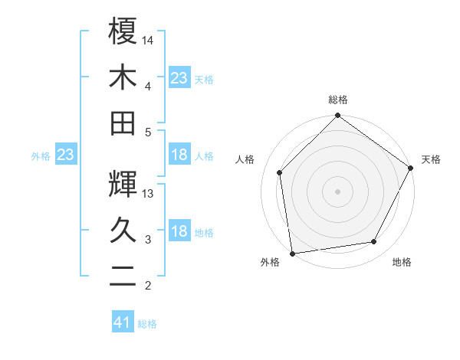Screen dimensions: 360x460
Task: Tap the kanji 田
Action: tap(123, 122)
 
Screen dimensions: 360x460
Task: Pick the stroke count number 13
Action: tap(149, 194)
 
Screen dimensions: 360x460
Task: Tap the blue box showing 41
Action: tap(123, 322)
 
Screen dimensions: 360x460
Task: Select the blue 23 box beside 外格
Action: tap(65, 155)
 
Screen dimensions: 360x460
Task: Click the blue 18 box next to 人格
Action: tap(179, 155)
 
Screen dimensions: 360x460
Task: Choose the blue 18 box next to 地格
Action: tap(179, 232)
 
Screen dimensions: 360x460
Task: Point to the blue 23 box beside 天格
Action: tap(179, 77)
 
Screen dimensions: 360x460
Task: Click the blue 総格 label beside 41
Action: tap(147, 324)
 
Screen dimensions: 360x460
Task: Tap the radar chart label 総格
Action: tap(337, 100)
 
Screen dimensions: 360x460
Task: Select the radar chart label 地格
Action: tap(402, 262)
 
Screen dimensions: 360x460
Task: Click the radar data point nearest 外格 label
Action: tap(292, 253)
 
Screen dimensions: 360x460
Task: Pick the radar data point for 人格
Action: tap(280, 172)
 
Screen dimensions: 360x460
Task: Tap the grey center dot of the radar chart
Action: tap(337, 191)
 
